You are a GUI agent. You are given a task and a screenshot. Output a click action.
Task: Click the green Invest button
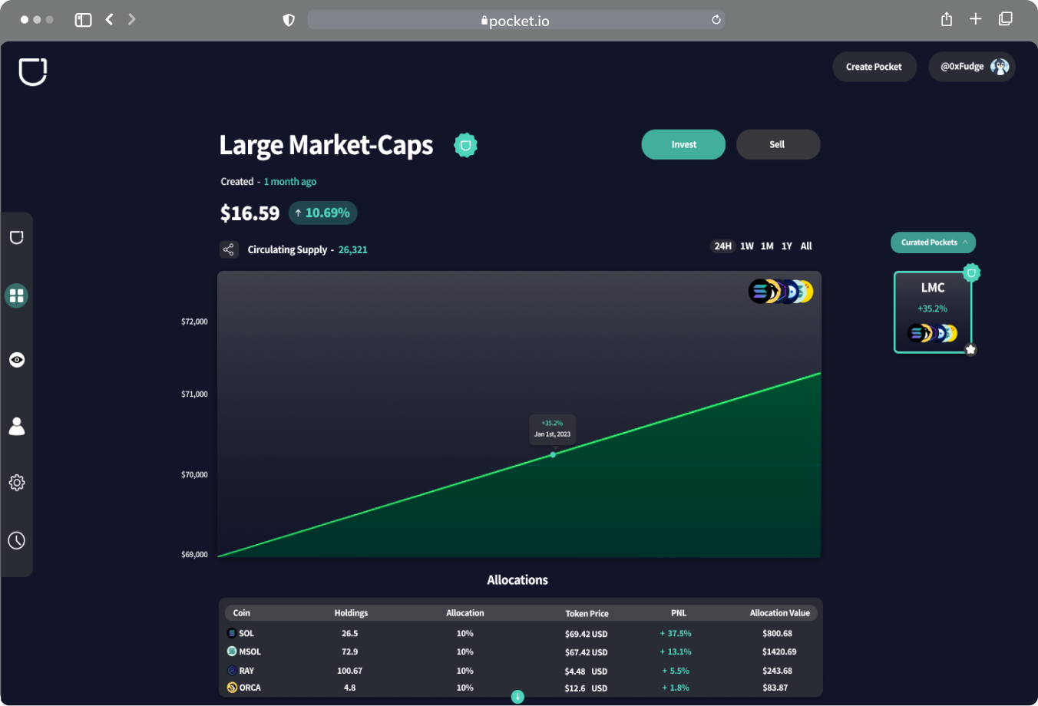683,144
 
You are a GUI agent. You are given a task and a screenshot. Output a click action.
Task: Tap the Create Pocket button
874,67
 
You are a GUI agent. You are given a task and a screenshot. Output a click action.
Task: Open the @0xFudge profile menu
972,67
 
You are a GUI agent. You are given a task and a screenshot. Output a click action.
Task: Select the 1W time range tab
747,246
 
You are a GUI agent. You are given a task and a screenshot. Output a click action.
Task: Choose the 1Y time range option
787,246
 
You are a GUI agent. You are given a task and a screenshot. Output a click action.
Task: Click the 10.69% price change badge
322,213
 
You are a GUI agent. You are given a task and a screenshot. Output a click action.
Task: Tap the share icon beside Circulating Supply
229,249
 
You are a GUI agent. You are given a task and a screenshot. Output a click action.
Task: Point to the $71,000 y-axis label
194,394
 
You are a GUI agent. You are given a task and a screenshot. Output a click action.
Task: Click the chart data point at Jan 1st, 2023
553,455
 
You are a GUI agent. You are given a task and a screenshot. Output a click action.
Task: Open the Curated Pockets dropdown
933,242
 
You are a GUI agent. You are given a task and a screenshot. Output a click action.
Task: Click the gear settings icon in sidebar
17,483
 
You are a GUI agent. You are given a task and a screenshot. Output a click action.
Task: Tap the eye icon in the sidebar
17,360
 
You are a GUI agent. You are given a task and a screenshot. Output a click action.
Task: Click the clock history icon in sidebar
17,541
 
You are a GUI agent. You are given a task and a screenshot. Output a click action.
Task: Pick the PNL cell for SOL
676,634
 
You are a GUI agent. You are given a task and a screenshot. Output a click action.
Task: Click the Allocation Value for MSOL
779,652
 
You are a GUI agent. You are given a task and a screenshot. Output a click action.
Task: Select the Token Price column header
587,613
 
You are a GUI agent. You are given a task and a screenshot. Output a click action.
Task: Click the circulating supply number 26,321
352,250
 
